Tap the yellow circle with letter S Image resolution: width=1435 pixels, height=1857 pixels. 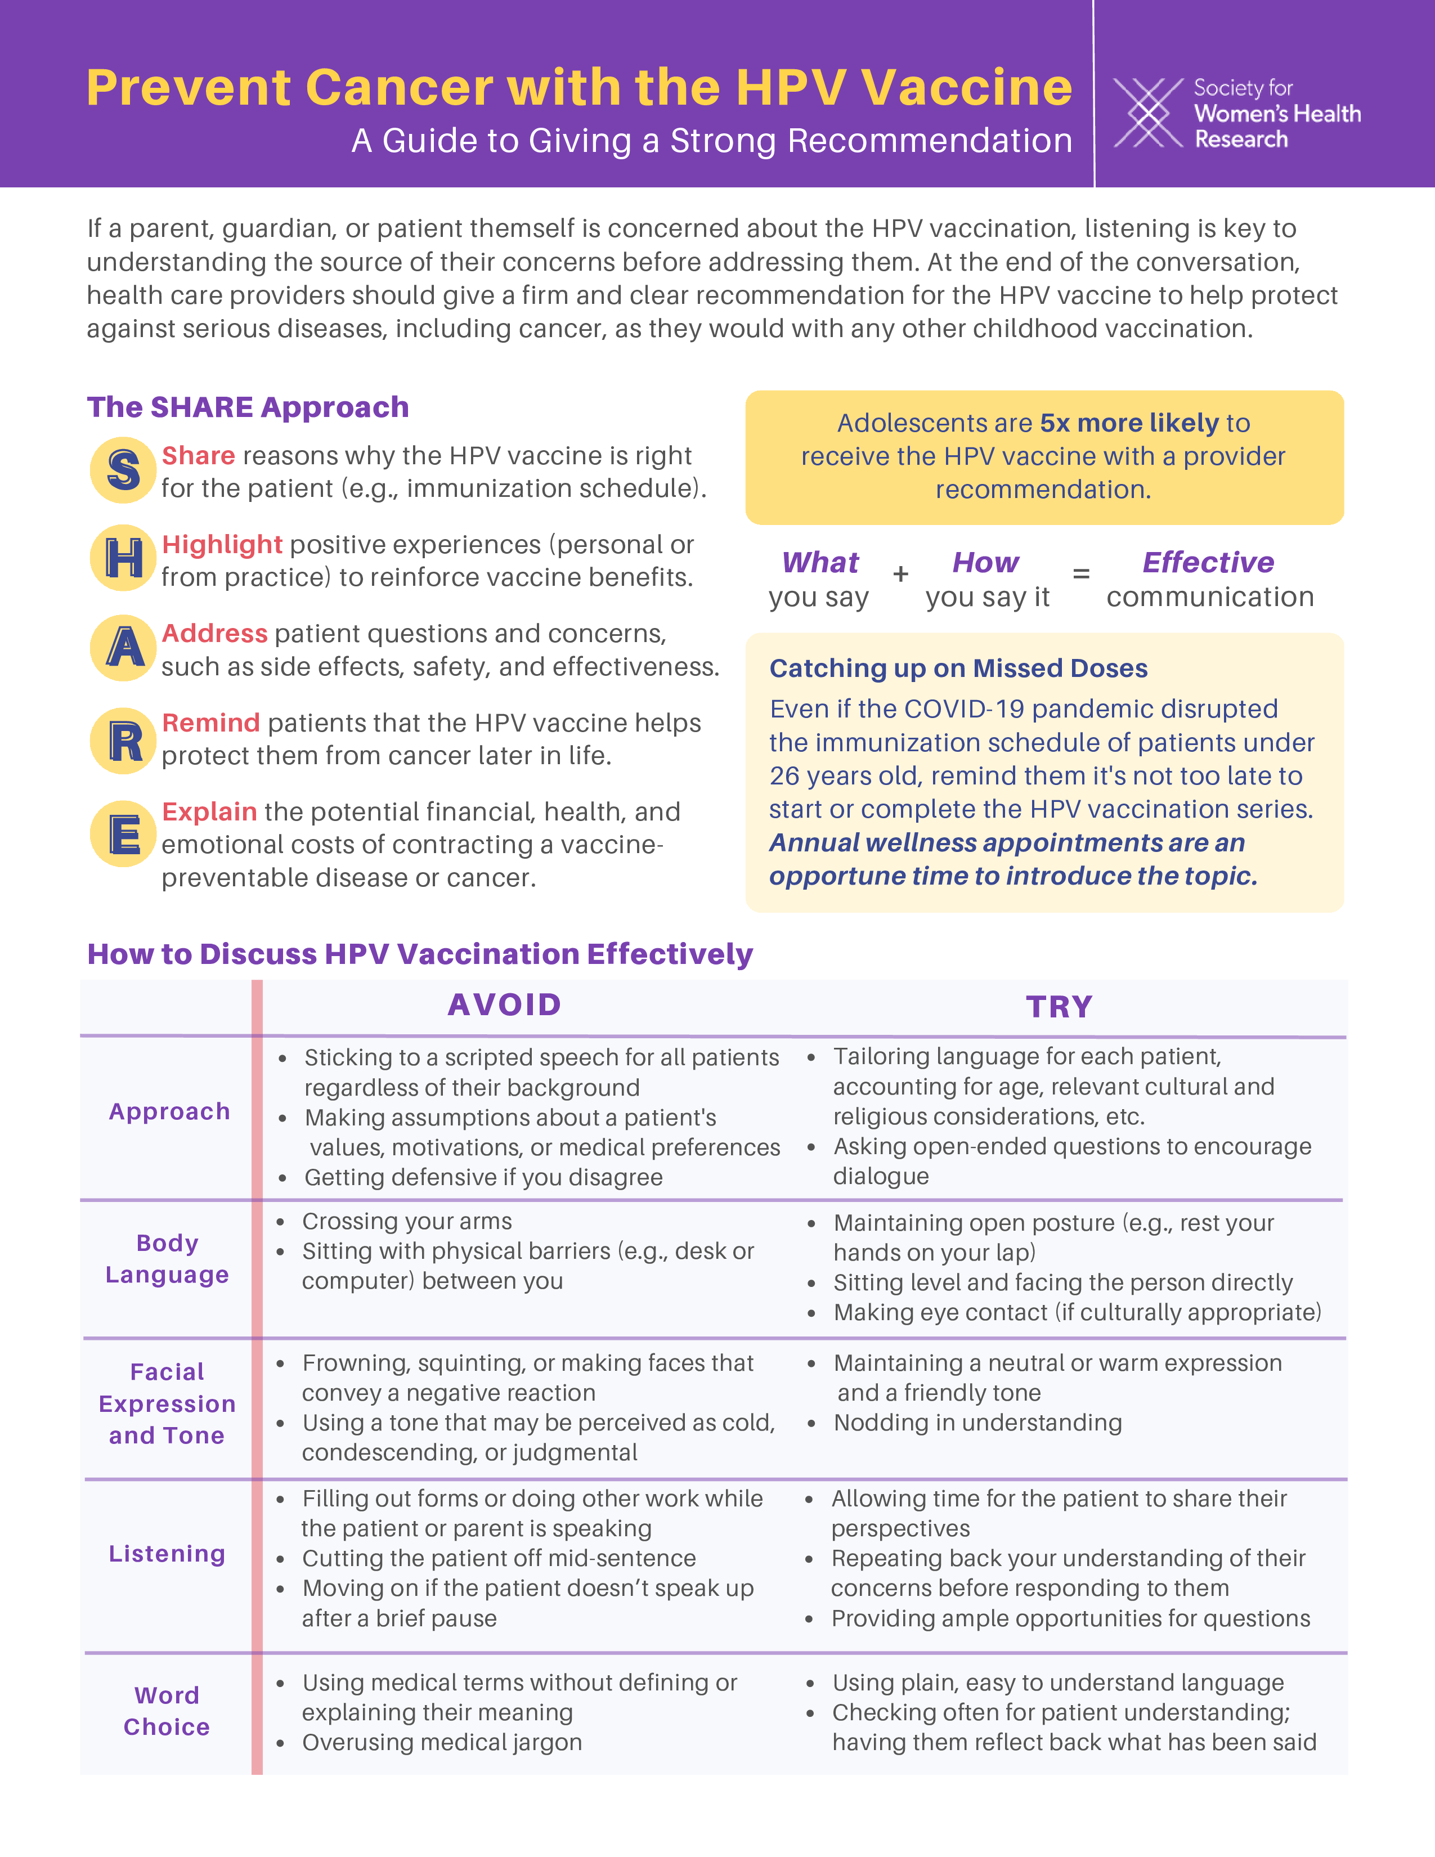123,470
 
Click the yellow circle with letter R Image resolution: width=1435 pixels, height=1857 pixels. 123,741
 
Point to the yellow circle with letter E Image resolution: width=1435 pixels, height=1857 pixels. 123,833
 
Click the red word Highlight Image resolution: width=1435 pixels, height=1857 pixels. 222,544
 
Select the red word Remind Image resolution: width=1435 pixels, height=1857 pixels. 211,723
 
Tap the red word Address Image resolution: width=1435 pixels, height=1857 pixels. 214,634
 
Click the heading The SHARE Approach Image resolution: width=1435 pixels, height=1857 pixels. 248,407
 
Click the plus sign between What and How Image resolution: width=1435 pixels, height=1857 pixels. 900,575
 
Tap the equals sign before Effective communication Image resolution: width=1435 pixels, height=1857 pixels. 1080,575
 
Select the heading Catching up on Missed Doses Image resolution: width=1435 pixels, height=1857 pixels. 958,669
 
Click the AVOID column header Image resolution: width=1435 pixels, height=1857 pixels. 504,1005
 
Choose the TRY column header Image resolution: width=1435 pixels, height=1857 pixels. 1059,1007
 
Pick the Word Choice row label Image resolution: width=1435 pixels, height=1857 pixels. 167,1711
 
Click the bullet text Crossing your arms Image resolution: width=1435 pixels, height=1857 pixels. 407,1222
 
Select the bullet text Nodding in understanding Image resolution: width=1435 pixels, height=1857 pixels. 977,1423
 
